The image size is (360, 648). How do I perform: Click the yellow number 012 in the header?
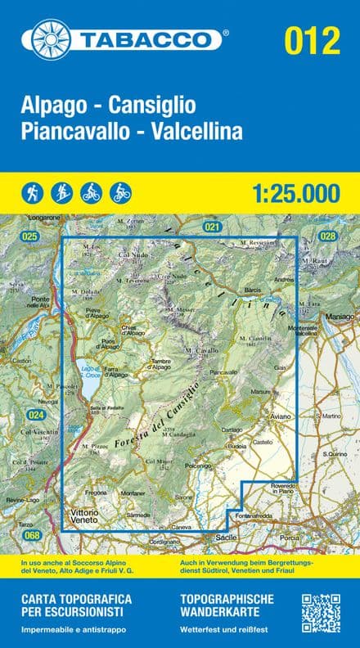(312, 40)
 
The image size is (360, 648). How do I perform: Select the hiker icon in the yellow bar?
(31, 193)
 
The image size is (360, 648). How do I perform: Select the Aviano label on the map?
(281, 417)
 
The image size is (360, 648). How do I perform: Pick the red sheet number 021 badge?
(213, 226)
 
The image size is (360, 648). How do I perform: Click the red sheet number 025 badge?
(31, 236)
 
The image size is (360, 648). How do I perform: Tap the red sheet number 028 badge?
(328, 236)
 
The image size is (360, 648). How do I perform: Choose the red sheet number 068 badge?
(31, 535)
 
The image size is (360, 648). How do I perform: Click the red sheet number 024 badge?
(35, 415)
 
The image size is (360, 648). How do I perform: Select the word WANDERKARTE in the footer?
(219, 612)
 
